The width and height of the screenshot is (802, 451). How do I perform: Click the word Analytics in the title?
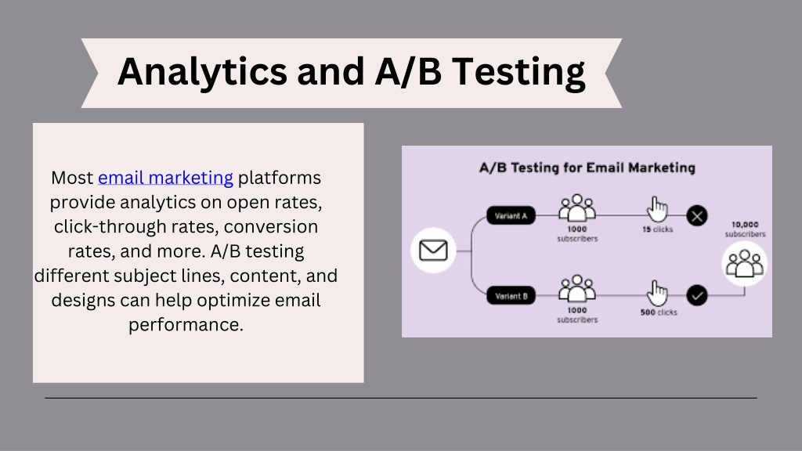click(x=203, y=72)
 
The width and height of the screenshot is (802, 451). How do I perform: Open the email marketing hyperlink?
click(x=165, y=178)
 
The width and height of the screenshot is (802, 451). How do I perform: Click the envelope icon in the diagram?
click(x=433, y=251)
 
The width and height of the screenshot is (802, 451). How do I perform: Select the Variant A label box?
click(x=511, y=215)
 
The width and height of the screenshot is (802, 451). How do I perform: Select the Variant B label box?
click(x=511, y=295)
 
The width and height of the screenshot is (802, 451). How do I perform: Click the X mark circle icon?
click(x=696, y=215)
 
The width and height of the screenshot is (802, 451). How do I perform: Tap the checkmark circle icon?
click(x=696, y=295)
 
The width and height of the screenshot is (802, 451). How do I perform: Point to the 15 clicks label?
click(x=658, y=229)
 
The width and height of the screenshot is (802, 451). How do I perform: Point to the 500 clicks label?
click(x=659, y=312)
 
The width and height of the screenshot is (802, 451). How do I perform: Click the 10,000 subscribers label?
click(x=746, y=229)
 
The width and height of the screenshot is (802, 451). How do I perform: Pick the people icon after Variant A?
click(x=577, y=207)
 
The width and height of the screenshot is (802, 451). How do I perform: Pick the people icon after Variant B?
click(x=577, y=288)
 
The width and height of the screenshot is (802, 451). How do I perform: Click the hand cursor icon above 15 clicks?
click(x=657, y=208)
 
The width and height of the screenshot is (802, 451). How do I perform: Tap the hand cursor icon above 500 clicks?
click(x=657, y=293)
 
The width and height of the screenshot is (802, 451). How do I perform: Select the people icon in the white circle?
click(x=745, y=263)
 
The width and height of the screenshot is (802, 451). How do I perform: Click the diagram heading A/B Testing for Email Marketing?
click(x=587, y=168)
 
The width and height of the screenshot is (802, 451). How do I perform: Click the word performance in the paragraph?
click(x=186, y=325)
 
